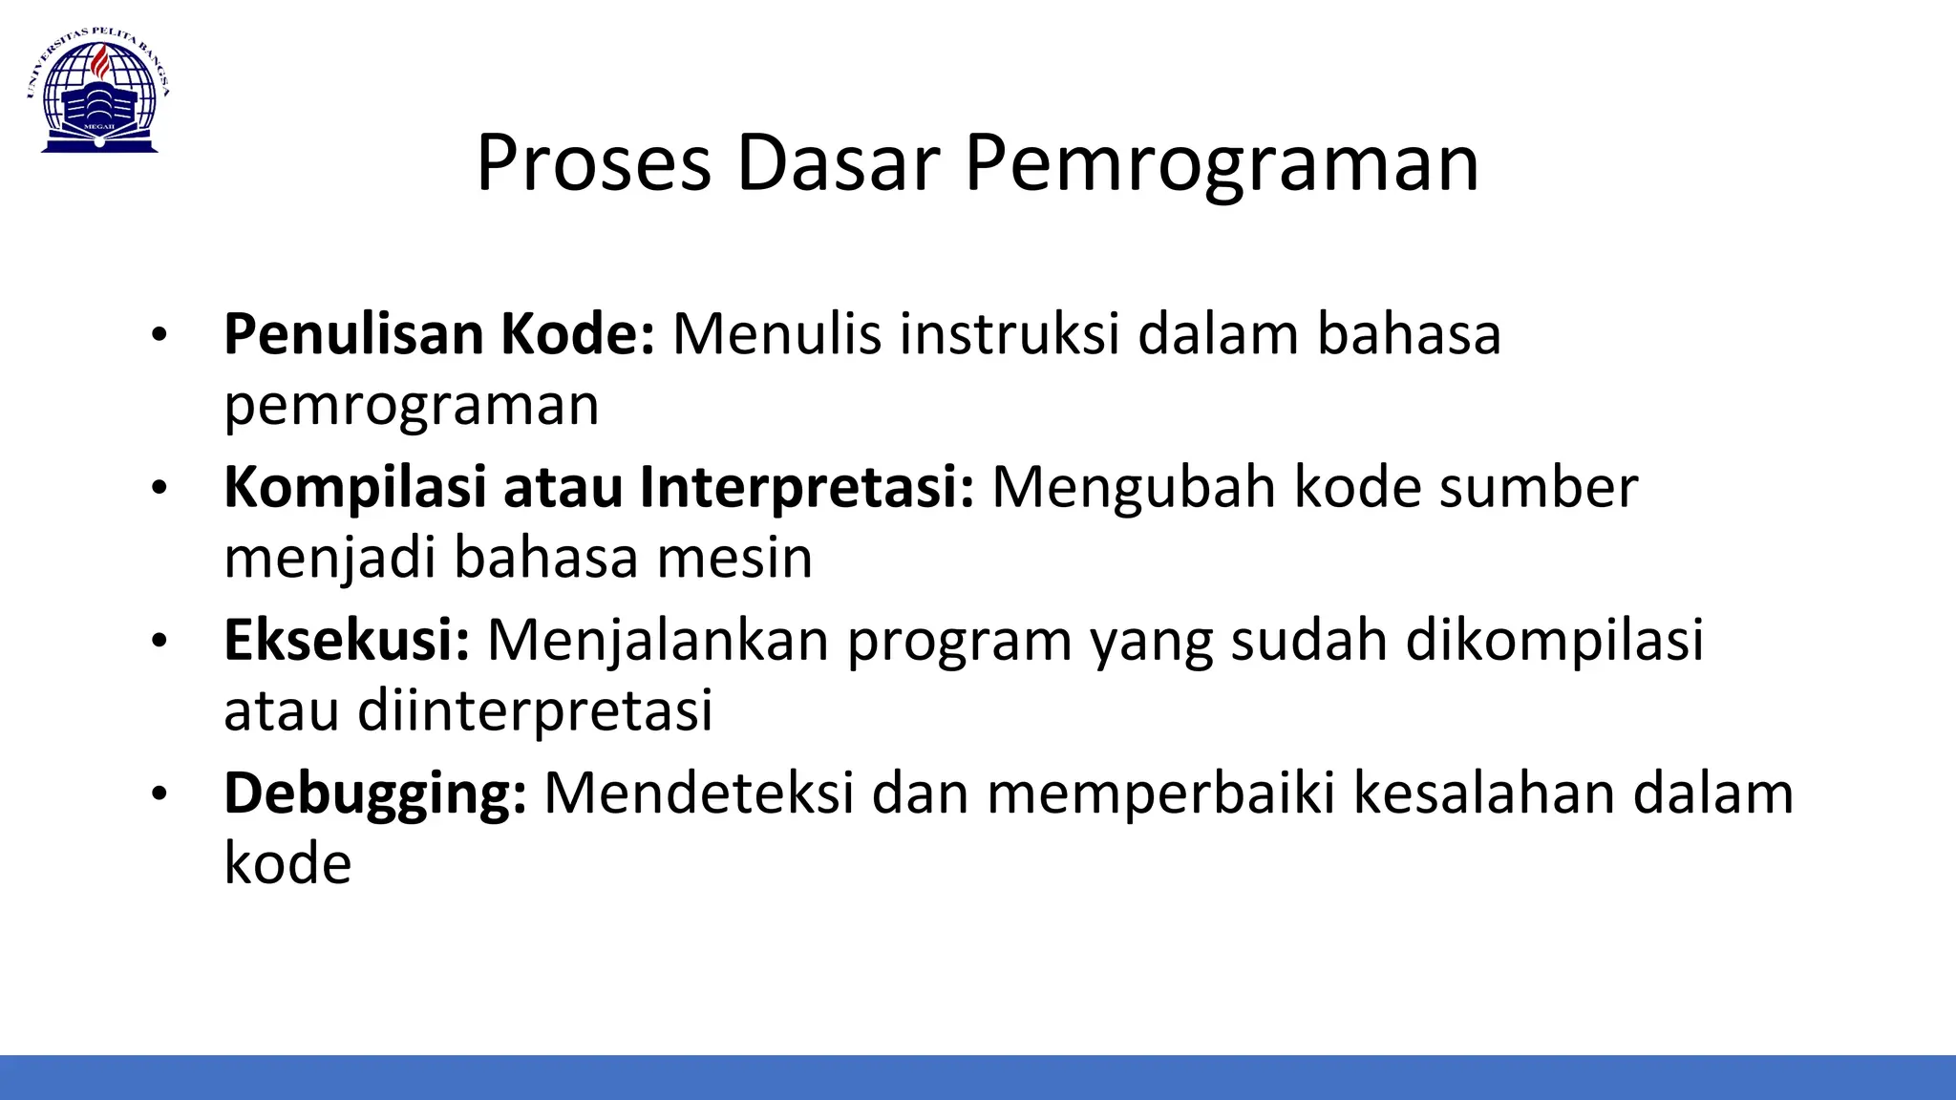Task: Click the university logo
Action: (x=98, y=92)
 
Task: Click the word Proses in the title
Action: (x=593, y=163)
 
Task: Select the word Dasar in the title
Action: (x=839, y=163)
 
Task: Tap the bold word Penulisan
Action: (x=353, y=334)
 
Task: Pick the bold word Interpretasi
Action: (x=806, y=488)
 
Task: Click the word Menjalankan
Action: (x=658, y=640)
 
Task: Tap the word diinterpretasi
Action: (x=535, y=710)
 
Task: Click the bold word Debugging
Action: (x=374, y=794)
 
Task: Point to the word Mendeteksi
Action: (x=698, y=793)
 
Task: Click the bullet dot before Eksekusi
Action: (x=159, y=641)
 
